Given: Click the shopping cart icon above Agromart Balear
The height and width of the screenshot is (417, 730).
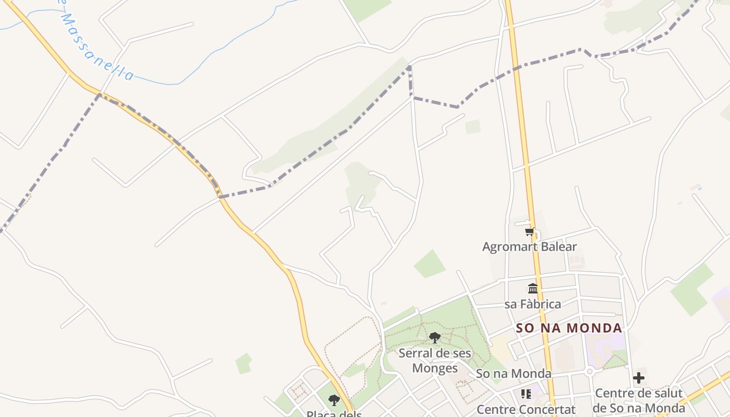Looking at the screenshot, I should click(530, 232).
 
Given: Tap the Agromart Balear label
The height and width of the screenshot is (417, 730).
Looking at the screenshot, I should click(529, 247).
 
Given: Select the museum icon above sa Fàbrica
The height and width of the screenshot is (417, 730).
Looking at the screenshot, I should click(533, 288).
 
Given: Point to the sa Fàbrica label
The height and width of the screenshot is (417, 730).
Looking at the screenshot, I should click(532, 304).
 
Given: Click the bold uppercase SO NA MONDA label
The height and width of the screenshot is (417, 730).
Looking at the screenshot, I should click(569, 328).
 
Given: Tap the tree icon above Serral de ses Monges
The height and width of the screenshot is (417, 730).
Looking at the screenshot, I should click(434, 338).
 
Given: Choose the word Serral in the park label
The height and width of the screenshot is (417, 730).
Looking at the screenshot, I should click(416, 353).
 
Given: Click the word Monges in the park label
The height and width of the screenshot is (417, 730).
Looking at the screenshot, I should click(435, 368).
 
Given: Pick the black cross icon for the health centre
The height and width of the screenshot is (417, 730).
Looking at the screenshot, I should click(639, 378).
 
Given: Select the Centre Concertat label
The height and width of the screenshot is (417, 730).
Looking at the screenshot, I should click(526, 410).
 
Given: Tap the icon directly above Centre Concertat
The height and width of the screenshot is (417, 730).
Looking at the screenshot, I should click(526, 394).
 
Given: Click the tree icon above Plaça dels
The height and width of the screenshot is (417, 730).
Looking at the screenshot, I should click(334, 400).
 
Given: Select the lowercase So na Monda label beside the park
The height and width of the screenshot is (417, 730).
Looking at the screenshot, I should click(513, 374).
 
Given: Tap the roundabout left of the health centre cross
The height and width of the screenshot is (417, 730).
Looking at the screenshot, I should click(590, 372).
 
